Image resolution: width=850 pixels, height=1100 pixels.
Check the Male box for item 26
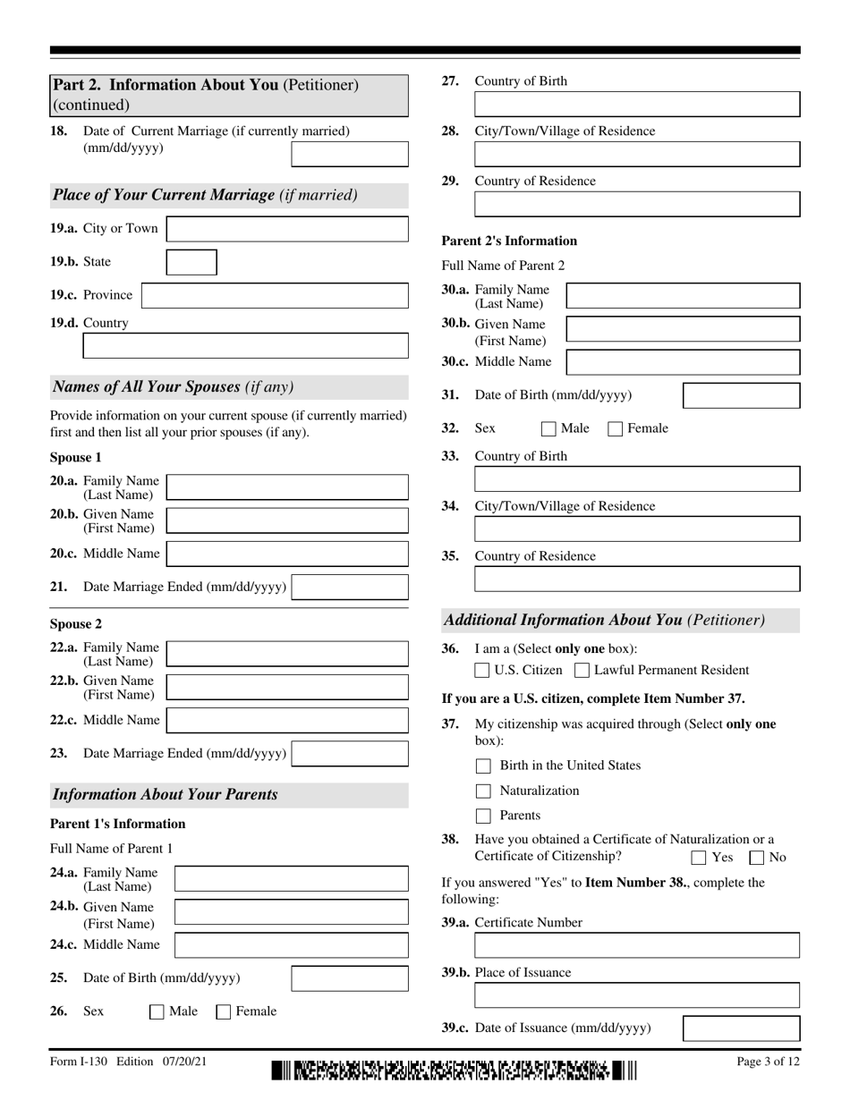pyautogui.click(x=157, y=1012)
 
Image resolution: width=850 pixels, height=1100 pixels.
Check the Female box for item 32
pyautogui.click(x=616, y=428)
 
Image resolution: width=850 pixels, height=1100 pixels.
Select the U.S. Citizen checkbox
pyautogui.click(x=482, y=670)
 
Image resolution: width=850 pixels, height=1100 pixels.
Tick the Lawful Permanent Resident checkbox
pyautogui.click(x=582, y=670)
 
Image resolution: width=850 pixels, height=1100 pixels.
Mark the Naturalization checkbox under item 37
pyautogui.click(x=484, y=791)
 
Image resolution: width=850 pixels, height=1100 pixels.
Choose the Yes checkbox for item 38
pyautogui.click(x=699, y=858)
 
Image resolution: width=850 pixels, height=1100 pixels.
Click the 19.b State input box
pyautogui.click(x=192, y=262)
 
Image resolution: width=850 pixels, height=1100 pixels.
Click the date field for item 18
pyautogui.click(x=350, y=155)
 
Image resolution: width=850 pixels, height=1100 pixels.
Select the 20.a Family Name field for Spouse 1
pyautogui.click(x=287, y=487)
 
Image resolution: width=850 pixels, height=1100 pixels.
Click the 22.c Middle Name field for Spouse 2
pyautogui.click(x=287, y=720)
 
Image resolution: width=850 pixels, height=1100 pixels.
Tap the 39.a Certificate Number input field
pyautogui.click(x=637, y=946)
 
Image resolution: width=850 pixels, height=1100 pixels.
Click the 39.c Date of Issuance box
pyautogui.click(x=742, y=1028)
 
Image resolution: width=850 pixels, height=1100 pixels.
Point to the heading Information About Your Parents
pyautogui.click(x=166, y=794)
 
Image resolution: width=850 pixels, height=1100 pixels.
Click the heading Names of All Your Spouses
pyautogui.click(x=174, y=387)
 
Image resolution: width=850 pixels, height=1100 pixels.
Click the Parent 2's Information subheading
pyautogui.click(x=509, y=241)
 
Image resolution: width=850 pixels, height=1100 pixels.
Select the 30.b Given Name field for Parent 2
pyautogui.click(x=684, y=329)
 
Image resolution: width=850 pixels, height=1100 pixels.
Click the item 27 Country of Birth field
pyautogui.click(x=637, y=105)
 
